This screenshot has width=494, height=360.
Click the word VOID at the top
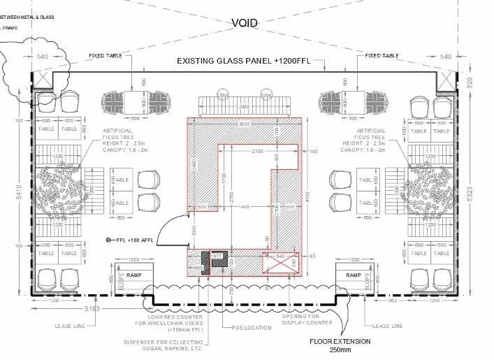pos(247,22)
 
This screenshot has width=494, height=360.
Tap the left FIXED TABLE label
pos(106,55)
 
